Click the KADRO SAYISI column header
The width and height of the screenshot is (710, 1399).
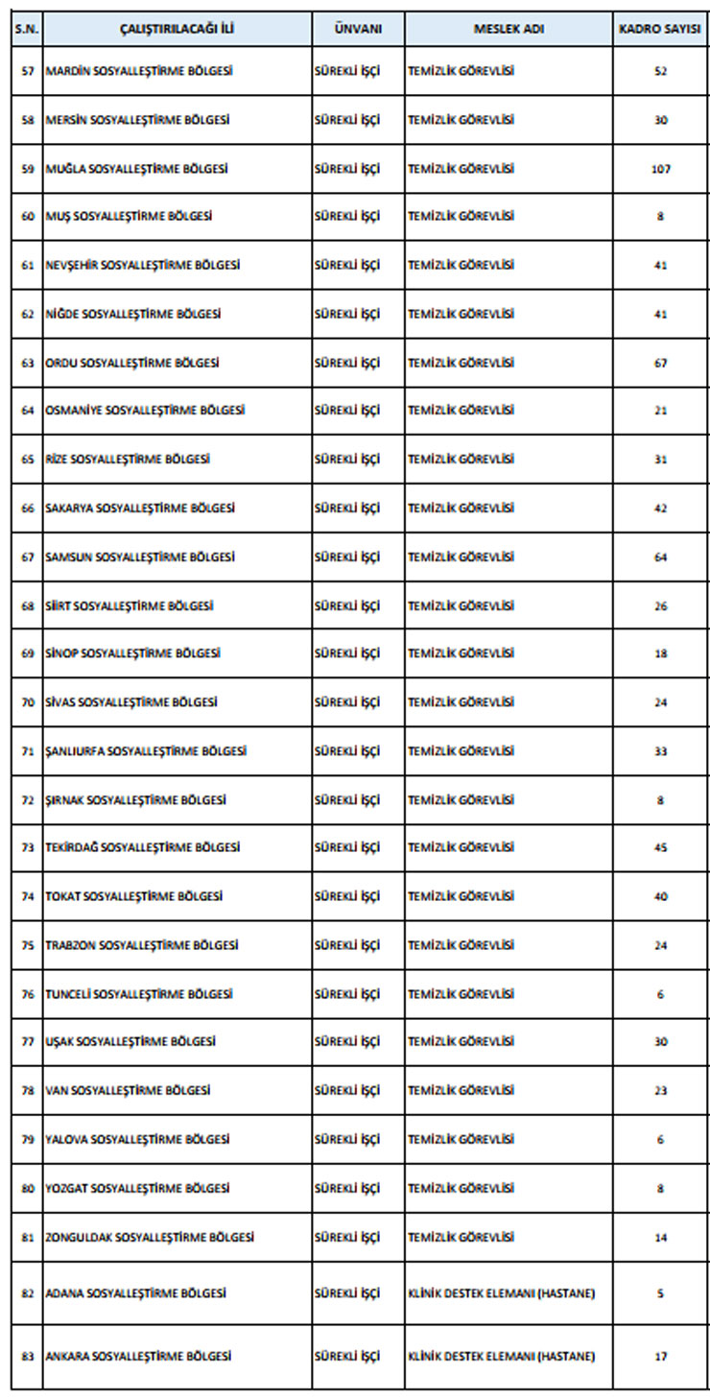click(660, 29)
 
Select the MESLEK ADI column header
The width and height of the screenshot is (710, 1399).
click(509, 29)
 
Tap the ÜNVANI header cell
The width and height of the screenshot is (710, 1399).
click(358, 29)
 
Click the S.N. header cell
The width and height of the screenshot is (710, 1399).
click(27, 29)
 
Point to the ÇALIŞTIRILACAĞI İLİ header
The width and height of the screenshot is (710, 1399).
click(177, 29)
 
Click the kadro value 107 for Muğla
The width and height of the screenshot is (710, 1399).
click(660, 169)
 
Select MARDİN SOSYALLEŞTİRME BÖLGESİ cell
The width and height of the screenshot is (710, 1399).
click(139, 71)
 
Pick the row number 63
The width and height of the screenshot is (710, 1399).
click(27, 363)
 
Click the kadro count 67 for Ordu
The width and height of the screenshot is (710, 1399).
click(660, 363)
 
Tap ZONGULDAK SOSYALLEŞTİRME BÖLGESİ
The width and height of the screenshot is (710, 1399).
click(150, 1237)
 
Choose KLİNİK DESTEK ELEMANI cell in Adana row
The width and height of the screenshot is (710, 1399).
click(501, 1293)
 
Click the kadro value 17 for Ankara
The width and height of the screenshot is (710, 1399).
click(660, 1356)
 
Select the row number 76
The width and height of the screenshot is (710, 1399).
click(27, 994)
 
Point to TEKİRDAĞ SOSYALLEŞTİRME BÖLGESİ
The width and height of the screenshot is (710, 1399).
click(142, 847)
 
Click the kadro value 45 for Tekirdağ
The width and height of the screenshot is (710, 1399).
click(660, 847)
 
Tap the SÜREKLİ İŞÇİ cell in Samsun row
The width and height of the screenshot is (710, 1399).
click(347, 557)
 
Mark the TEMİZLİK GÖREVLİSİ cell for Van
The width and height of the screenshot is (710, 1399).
click(461, 1090)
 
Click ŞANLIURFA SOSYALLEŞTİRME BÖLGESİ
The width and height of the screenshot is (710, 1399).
click(145, 750)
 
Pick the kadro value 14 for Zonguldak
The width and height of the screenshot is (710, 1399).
click(660, 1237)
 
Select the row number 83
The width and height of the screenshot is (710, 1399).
click(27, 1356)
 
